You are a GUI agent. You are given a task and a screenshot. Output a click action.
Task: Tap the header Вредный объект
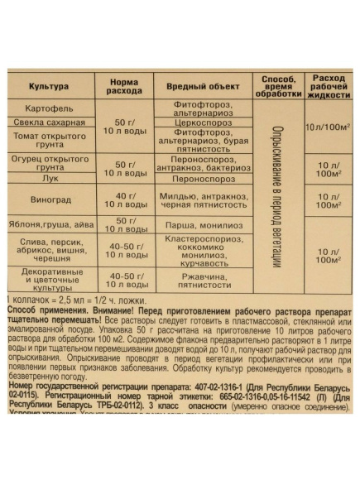203,87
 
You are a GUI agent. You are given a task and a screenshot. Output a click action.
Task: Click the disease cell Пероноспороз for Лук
203,177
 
